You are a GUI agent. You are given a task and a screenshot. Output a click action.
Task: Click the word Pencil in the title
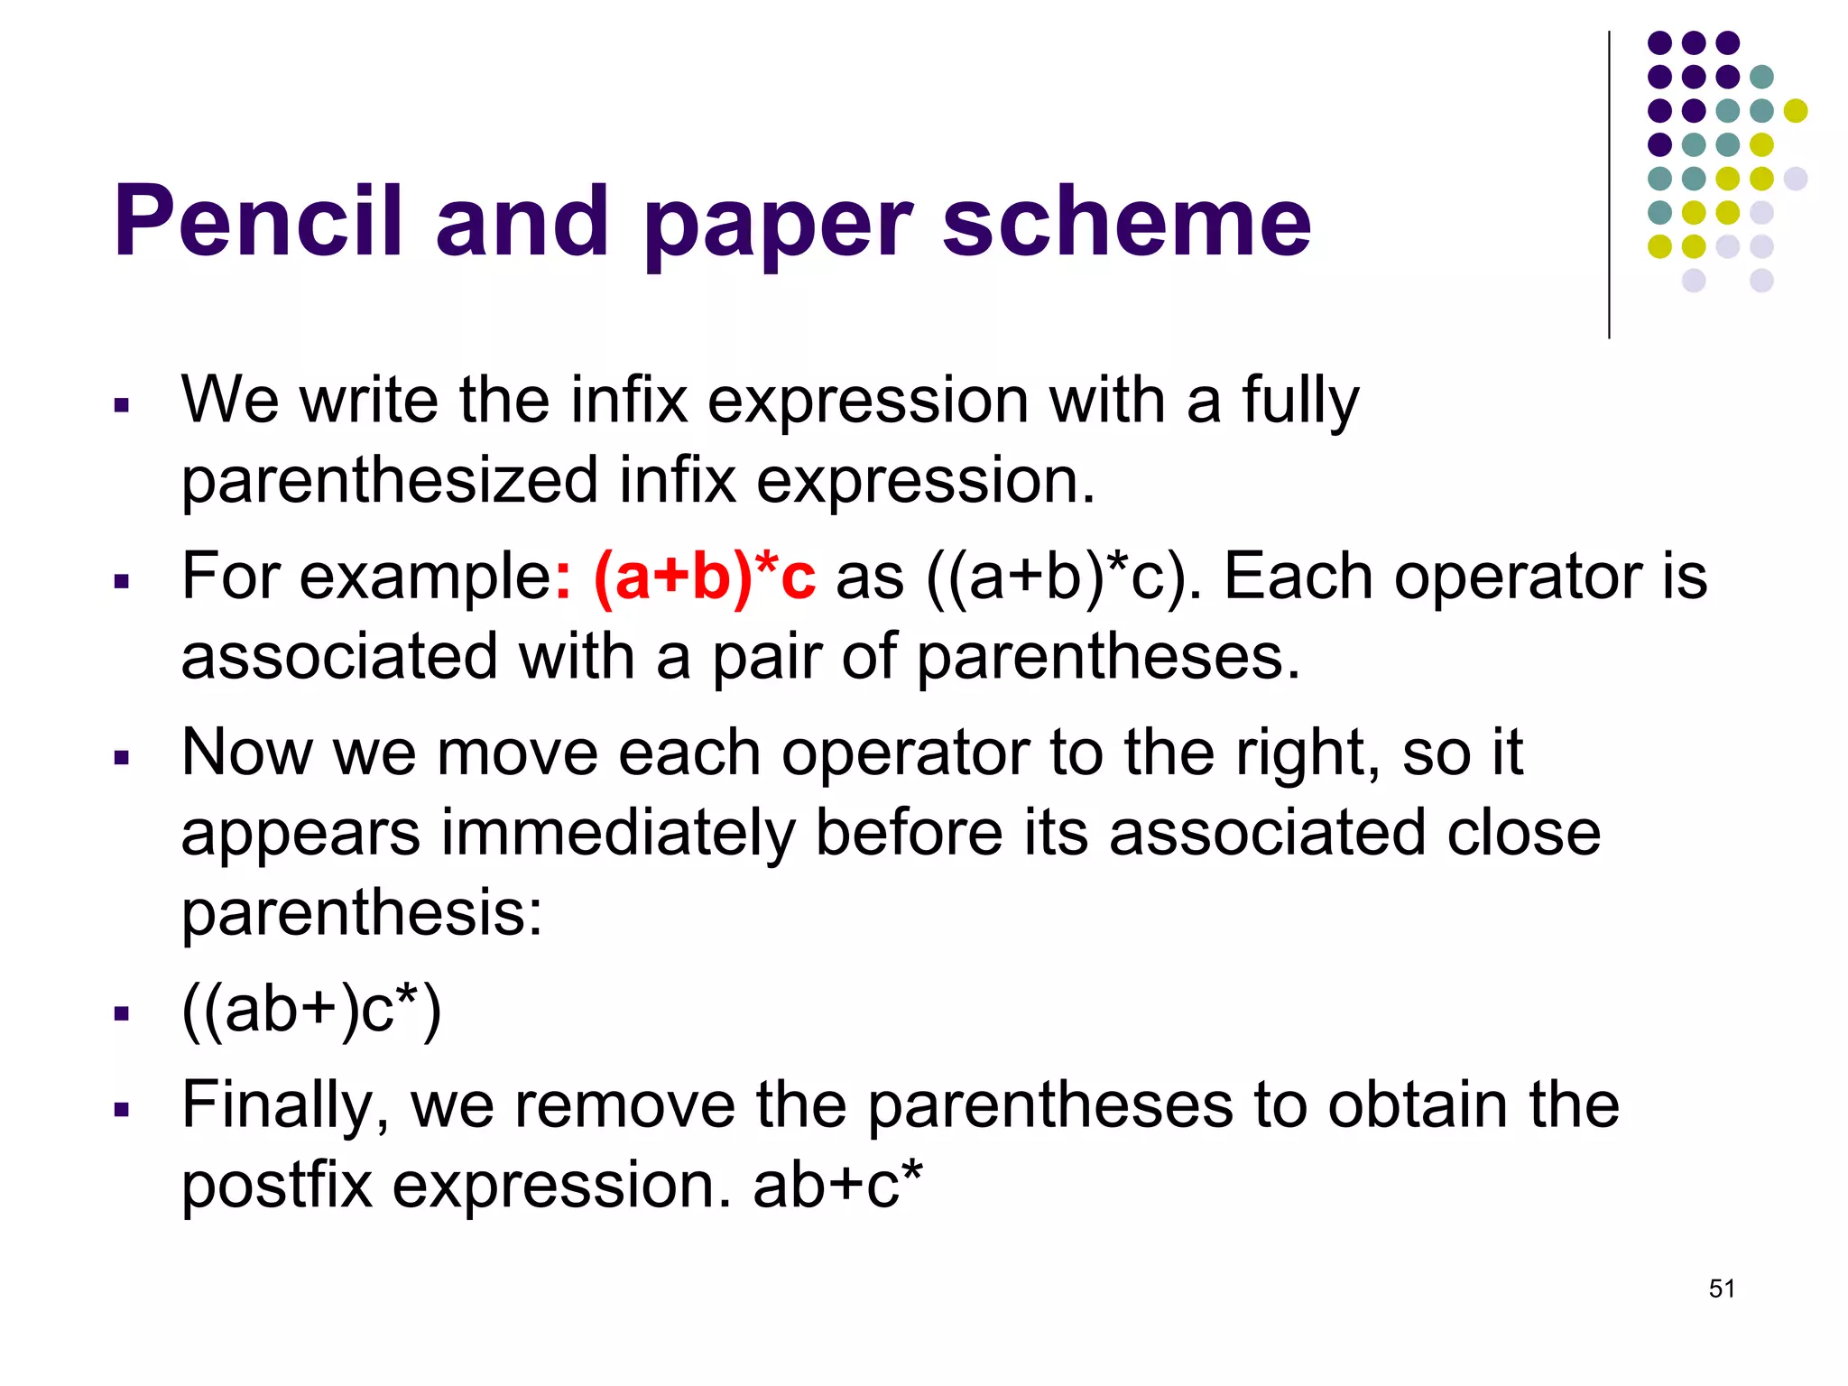[257, 221]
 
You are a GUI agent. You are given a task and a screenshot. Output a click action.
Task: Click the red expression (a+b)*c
[705, 577]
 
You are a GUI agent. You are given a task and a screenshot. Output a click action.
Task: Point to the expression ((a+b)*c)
[1065, 577]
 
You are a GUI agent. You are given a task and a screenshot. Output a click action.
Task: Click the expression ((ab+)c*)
[311, 1010]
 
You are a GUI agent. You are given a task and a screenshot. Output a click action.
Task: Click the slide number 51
[1722, 1289]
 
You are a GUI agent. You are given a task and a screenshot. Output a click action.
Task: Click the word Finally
[285, 1106]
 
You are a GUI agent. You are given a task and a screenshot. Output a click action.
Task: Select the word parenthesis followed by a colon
[362, 912]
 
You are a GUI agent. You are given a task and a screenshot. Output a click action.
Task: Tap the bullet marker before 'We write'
[122, 405]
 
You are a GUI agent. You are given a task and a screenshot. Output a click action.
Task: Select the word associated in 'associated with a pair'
[339, 656]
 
